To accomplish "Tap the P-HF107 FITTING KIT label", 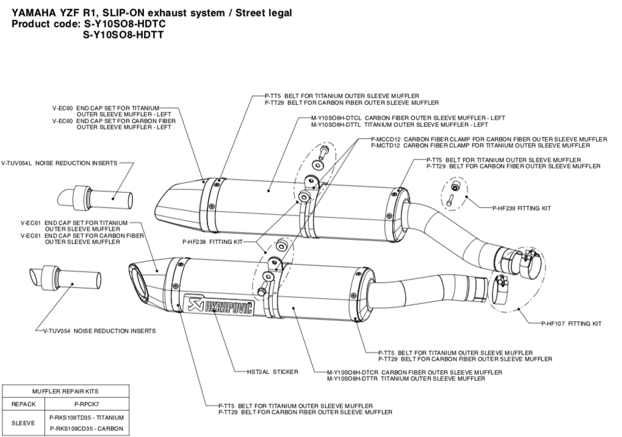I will pyautogui.click(x=571, y=323).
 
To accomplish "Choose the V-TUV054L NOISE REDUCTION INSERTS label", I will pyautogui.click(x=59, y=163).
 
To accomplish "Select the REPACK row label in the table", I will pyautogui.click(x=23, y=404).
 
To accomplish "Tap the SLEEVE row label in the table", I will pyautogui.click(x=23, y=422).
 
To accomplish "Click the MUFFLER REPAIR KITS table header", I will pyautogui.click(x=64, y=391).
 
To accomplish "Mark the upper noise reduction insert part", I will pyautogui.click(x=95, y=197).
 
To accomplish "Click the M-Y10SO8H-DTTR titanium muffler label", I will pyautogui.click(x=406, y=378).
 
